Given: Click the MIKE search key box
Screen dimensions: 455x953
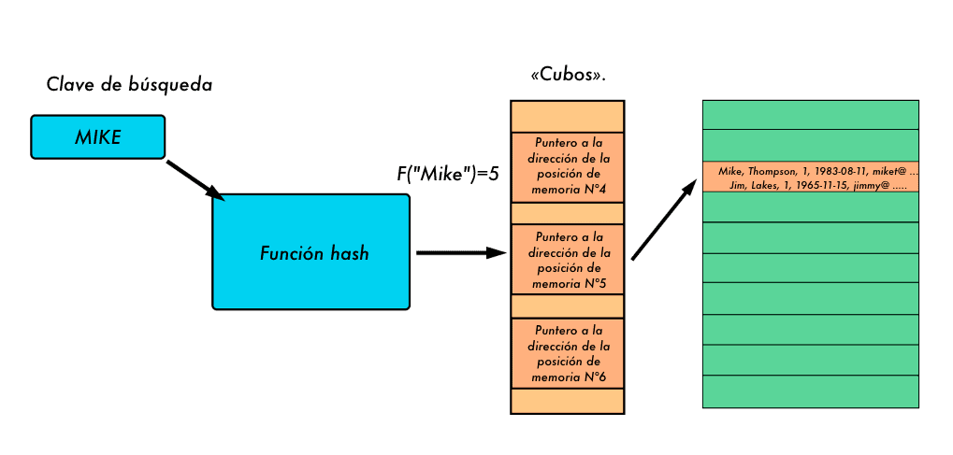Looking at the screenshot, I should click(97, 136).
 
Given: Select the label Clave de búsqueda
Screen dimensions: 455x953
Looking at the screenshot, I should click(129, 85).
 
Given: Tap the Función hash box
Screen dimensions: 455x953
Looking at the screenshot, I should click(310, 252).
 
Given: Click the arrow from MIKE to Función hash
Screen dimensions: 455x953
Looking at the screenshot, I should click(195, 178).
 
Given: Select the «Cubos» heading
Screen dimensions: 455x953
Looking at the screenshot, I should click(568, 76).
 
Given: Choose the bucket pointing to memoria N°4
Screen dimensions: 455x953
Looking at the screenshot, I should click(568, 167).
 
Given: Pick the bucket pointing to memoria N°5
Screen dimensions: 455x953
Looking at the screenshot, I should click(568, 259).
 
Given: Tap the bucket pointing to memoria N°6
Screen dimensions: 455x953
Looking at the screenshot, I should click(568, 353).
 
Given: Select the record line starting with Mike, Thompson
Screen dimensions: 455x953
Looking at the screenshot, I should click(816, 172).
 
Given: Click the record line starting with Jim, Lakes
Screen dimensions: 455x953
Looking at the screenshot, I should click(816, 185).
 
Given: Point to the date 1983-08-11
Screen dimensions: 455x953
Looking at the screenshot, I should click(842, 172).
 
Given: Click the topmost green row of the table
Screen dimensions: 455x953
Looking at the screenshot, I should click(810, 114).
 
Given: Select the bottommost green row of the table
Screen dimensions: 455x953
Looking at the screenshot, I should click(810, 391).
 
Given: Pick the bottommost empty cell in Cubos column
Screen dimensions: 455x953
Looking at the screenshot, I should click(568, 401).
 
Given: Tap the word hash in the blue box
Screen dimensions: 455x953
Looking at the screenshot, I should click(347, 253).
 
